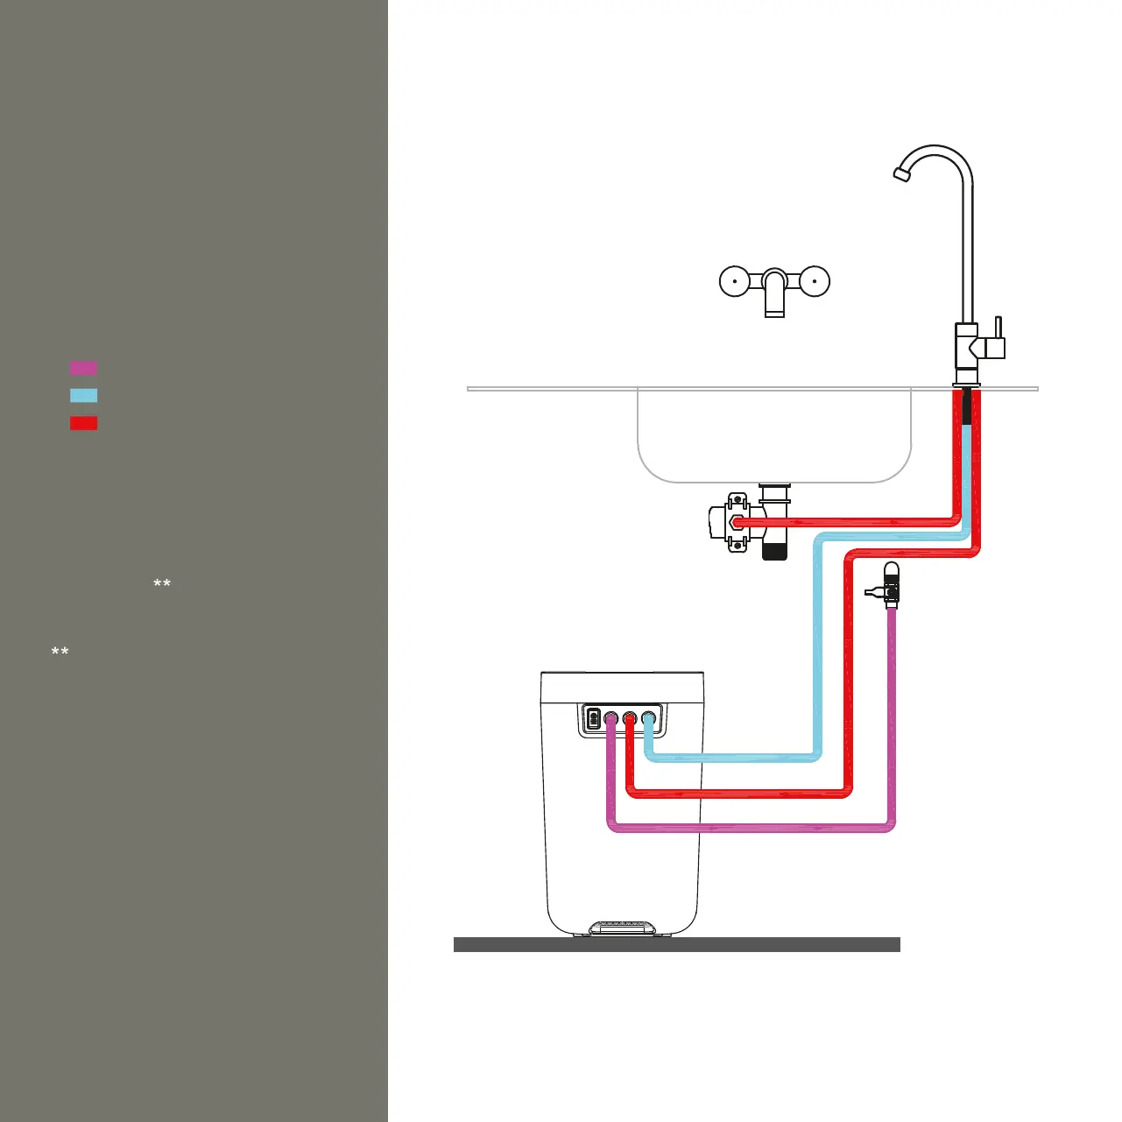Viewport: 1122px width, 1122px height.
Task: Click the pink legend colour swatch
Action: tap(83, 368)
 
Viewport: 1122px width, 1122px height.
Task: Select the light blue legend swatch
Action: tap(83, 395)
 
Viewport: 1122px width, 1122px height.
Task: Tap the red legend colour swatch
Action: tap(83, 423)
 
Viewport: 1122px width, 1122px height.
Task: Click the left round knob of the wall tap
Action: tap(734, 282)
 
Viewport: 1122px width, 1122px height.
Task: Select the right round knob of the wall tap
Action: tap(815, 282)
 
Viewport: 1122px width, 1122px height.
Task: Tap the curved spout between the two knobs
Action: tap(774, 293)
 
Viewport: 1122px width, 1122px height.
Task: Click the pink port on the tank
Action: tap(610, 719)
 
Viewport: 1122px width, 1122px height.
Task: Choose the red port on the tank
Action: tap(630, 719)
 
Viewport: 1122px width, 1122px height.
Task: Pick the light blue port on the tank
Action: tap(649, 719)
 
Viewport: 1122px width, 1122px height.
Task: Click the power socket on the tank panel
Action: tap(593, 719)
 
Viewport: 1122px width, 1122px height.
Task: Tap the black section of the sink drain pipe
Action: tap(774, 551)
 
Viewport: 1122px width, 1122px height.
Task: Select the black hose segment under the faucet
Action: tap(967, 407)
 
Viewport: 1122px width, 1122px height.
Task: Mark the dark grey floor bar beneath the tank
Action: tap(676, 944)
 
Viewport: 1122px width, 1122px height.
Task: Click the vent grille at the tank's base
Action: tap(622, 926)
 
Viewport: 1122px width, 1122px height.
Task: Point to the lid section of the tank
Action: tap(622, 688)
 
